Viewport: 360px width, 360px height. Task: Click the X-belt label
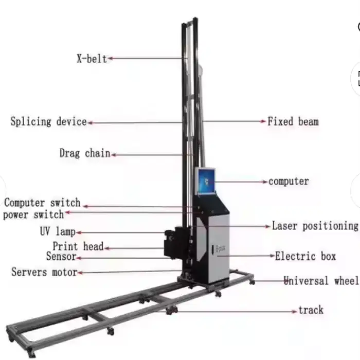click(x=91, y=59)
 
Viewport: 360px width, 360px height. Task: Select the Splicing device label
click(x=48, y=122)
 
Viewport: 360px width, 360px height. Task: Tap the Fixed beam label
click(x=293, y=122)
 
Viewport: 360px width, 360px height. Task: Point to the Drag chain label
click(x=85, y=153)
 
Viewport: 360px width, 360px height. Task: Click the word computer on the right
click(x=289, y=182)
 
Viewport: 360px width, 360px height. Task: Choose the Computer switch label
click(x=42, y=203)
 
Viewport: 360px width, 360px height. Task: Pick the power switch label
click(x=33, y=214)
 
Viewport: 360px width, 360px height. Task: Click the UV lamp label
click(x=58, y=232)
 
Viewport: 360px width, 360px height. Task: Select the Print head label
click(x=78, y=247)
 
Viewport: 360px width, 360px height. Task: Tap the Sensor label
click(x=61, y=256)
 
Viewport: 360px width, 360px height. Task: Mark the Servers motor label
click(x=44, y=272)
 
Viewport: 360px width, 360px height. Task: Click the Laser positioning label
click(x=315, y=226)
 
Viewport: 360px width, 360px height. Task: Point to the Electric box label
click(x=305, y=256)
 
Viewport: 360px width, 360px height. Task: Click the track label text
click(x=311, y=310)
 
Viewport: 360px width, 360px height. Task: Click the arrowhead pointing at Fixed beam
click(x=264, y=122)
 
